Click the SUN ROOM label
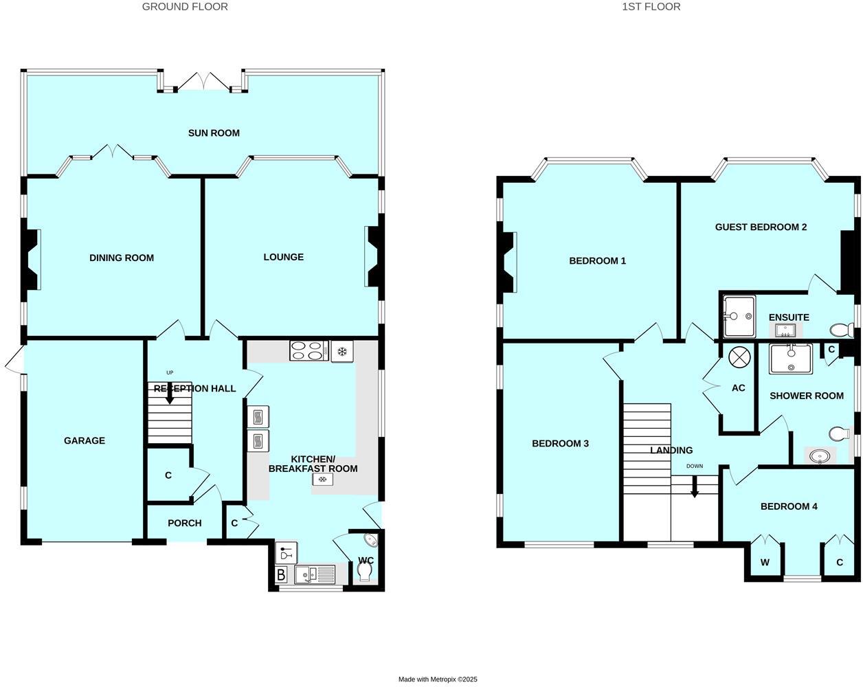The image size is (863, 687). pyautogui.click(x=214, y=133)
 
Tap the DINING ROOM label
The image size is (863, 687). pyautogui.click(x=122, y=258)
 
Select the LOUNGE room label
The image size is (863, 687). pyautogui.click(x=283, y=257)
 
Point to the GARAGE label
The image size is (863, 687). pyautogui.click(x=85, y=440)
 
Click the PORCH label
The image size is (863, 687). pyautogui.click(x=185, y=523)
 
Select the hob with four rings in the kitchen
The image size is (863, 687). pyautogui.click(x=307, y=350)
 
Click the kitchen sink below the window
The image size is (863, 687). pyautogui.click(x=315, y=573)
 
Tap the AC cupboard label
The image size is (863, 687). pyautogui.click(x=738, y=388)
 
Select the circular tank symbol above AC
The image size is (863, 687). pyautogui.click(x=739, y=357)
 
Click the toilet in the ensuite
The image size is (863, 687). pyautogui.click(x=840, y=329)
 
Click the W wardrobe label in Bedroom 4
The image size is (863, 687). pyautogui.click(x=765, y=562)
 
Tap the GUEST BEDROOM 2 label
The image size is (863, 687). pyautogui.click(x=761, y=227)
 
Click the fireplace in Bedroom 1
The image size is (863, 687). pyautogui.click(x=509, y=262)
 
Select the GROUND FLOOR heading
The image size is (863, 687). pyautogui.click(x=185, y=7)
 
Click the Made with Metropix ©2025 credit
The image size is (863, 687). pyautogui.click(x=438, y=679)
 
